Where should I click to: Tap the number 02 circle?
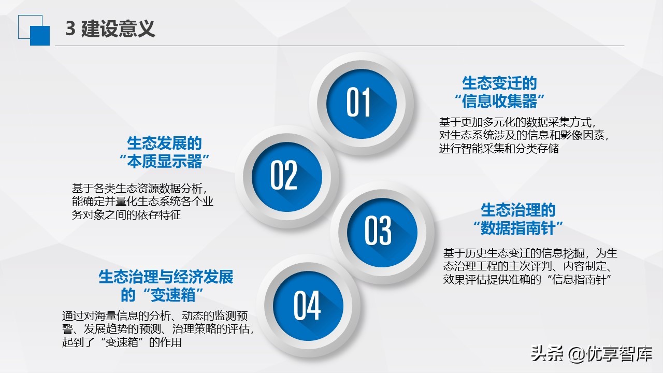pos(284,175)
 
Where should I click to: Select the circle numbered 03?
pos(378,231)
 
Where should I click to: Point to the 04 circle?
pos(307,305)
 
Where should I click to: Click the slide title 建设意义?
pos(118,29)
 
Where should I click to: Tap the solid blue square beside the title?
pos(40,35)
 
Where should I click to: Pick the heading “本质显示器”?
pos(164,161)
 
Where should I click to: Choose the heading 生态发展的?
pos(164,143)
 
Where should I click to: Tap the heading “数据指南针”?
pos(518,228)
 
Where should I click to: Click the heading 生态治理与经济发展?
pos(166,277)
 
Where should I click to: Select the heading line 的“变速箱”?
pos(162,295)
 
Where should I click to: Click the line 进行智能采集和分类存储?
pos(499,149)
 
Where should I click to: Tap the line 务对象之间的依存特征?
pos(126,214)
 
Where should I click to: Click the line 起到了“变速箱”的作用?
pos(121,342)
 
